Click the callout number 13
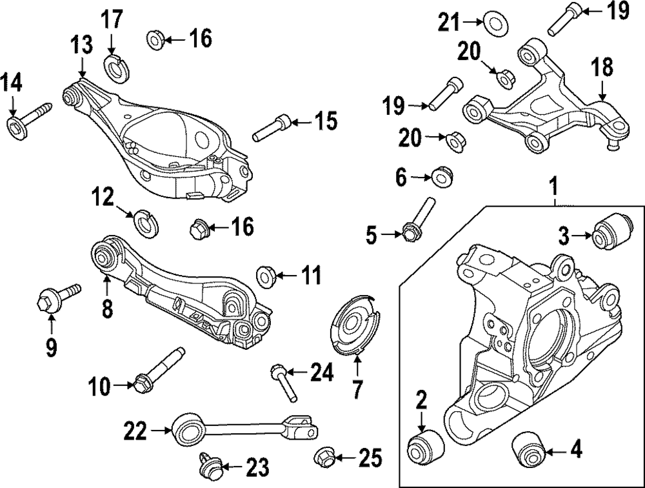[x=81, y=46]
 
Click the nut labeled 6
[x=441, y=176]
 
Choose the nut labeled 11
[x=266, y=276]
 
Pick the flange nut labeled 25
[x=326, y=458]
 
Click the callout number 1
[x=553, y=187]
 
